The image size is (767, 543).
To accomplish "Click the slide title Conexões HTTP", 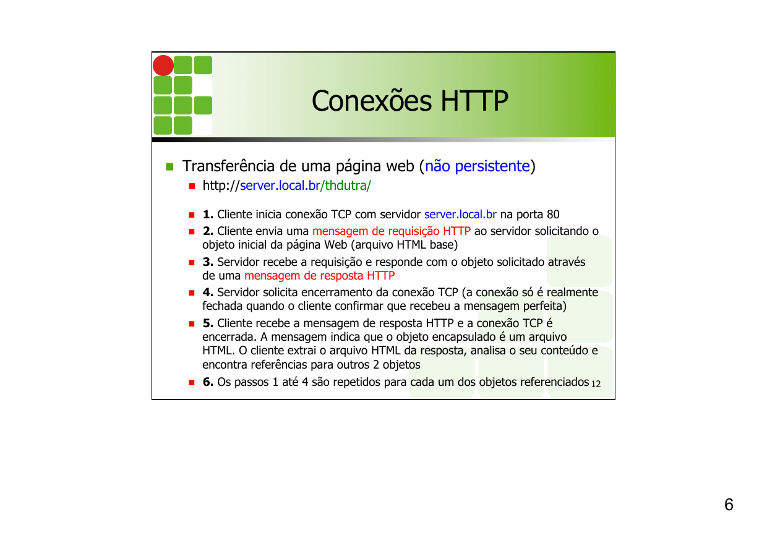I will tap(409, 101).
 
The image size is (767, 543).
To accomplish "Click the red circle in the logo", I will tap(163, 66).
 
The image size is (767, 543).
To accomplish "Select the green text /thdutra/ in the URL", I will tap(345, 186).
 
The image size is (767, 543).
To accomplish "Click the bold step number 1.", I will tap(208, 215).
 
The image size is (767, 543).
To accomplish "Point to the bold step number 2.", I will tap(208, 231).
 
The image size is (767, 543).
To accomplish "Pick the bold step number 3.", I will tap(208, 262).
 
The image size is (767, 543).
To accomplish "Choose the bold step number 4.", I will tap(208, 292).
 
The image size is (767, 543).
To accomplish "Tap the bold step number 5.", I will tap(208, 323).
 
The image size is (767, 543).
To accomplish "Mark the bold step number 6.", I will tap(208, 382).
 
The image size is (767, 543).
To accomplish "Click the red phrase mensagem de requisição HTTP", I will tap(392, 231).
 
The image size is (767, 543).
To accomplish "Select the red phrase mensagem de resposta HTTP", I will tap(319, 276).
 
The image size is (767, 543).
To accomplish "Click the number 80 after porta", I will tap(553, 215).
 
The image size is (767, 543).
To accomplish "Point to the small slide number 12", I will tap(596, 385).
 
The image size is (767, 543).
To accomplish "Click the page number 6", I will tap(729, 505).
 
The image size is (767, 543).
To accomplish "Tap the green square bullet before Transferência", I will tap(170, 167).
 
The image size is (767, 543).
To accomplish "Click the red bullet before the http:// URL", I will tap(192, 186).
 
